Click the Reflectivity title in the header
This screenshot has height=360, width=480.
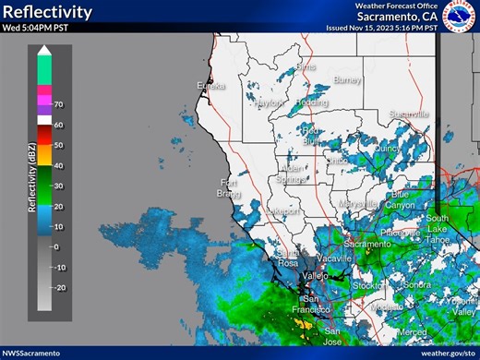[47, 12]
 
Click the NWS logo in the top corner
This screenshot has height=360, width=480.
[459, 16]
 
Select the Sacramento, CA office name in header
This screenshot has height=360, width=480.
[398, 16]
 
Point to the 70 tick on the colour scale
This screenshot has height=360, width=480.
[57, 104]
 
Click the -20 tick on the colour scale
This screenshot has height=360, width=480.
[59, 287]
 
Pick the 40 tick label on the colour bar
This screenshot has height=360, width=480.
[57, 165]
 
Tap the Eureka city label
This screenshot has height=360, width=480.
[211, 86]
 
